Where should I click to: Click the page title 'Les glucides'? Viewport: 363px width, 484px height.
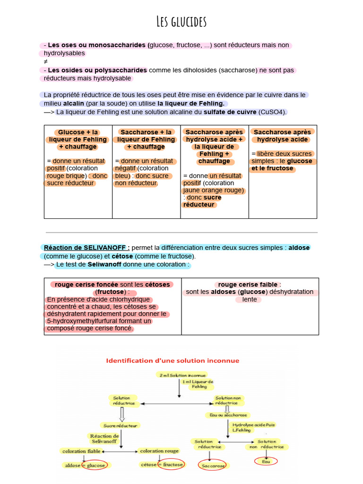[x=181, y=22]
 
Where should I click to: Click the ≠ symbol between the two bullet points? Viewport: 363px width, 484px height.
[x=45, y=61]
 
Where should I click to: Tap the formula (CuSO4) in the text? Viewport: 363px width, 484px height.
[x=272, y=112]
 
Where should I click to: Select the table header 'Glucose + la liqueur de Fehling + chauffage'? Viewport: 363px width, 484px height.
[x=78, y=139]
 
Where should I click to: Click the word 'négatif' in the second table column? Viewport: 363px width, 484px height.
[x=125, y=168]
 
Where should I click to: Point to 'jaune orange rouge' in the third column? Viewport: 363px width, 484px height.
[x=213, y=190]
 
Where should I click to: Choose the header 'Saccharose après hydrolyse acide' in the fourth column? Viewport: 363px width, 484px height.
[x=282, y=136]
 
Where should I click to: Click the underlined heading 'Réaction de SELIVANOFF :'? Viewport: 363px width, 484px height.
[x=86, y=248]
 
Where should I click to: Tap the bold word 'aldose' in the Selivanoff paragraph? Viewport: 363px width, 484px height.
[x=299, y=248]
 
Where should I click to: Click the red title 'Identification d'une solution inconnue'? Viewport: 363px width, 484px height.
[x=173, y=361]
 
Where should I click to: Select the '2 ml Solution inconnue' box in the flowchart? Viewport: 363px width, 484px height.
[x=178, y=374]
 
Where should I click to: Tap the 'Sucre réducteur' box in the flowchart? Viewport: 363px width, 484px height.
[x=120, y=425]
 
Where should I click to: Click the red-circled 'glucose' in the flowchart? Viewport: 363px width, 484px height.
[x=95, y=465]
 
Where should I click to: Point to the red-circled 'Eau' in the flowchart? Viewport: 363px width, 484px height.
[x=266, y=461]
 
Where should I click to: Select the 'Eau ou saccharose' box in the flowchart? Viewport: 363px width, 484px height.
[x=225, y=415]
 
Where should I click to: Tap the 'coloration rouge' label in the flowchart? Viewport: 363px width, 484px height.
[x=159, y=451]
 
